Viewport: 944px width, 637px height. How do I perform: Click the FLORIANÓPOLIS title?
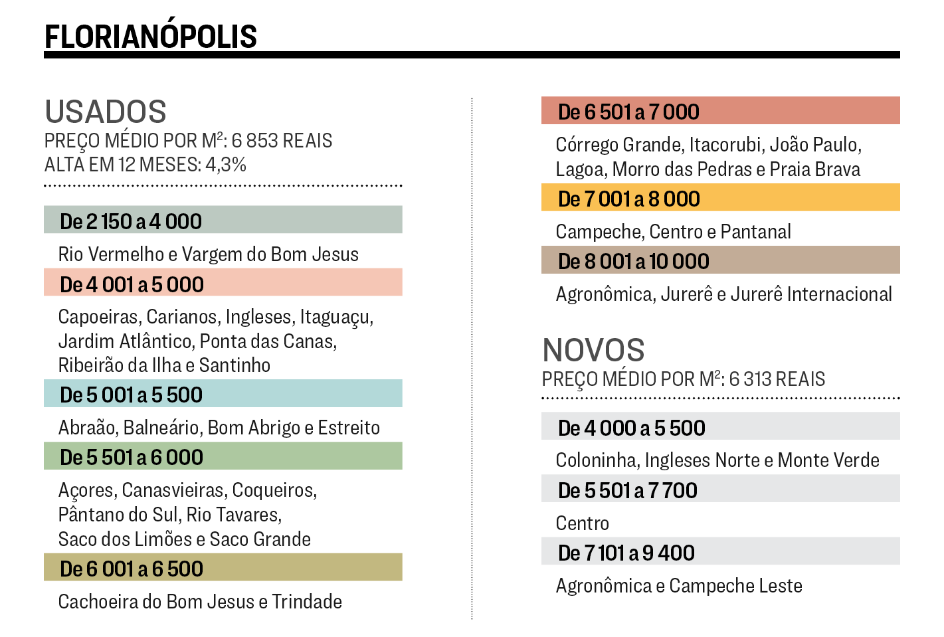pos(151,37)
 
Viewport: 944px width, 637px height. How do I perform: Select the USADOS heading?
pos(106,112)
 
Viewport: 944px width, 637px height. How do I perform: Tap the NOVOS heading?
pos(593,350)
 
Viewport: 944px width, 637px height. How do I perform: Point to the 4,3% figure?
pos(226,164)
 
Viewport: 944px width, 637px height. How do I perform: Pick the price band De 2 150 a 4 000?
pos(223,221)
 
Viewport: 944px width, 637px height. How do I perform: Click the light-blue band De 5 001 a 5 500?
pos(223,394)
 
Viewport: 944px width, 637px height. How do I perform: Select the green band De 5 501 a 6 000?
pos(223,456)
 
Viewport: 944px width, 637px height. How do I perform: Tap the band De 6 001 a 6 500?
pos(223,568)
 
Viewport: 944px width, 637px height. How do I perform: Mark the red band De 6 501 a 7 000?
pos(720,111)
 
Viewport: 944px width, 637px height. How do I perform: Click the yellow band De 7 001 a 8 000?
pos(720,198)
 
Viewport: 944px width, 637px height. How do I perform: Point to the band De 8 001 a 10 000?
pos(720,260)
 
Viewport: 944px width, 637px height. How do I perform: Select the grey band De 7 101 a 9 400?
pos(720,552)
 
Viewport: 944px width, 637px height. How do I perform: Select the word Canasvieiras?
pos(175,490)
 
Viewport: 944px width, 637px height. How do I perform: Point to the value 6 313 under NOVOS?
pos(749,379)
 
